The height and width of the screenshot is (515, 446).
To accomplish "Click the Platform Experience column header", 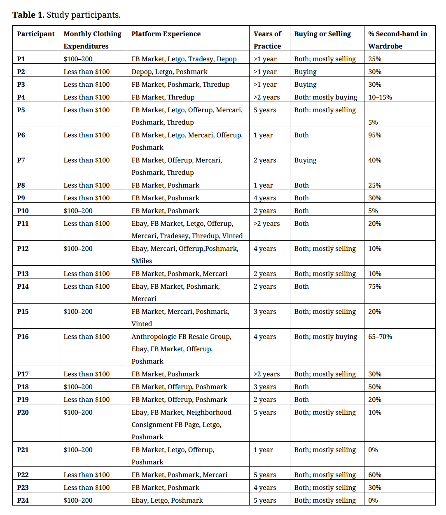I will click(166, 34).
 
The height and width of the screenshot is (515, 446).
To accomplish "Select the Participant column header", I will click(36, 34).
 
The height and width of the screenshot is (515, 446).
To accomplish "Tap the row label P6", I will click(21, 135).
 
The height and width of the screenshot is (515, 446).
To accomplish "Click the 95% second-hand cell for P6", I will click(375, 135).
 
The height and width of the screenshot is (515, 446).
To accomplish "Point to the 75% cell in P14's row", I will click(375, 287).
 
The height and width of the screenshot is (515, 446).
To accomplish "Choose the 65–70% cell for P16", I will click(380, 337).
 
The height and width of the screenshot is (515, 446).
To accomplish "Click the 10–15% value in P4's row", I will click(380, 97).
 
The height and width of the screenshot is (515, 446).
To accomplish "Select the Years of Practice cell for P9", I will click(265, 198).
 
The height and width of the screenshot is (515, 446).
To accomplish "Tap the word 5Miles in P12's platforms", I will click(142, 261).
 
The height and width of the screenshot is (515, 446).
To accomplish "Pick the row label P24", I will click(23, 501).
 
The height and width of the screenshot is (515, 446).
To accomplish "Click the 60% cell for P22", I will click(375, 475).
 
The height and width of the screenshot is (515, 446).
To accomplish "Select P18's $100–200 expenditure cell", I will click(78, 387).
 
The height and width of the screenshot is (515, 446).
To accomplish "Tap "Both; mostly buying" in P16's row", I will click(326, 337).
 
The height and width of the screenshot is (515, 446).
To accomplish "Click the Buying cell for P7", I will click(306, 160).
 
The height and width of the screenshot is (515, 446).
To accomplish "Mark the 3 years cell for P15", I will click(265, 312).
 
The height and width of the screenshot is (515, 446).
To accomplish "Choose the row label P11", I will click(23, 224).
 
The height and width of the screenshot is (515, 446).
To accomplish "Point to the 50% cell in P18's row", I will click(375, 387).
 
